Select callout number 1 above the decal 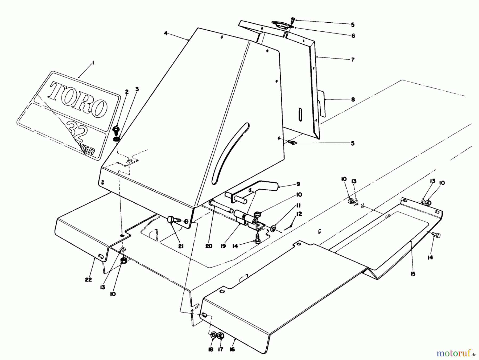[x=93, y=63]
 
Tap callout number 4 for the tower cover [x=166, y=34]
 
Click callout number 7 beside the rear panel [x=353, y=60]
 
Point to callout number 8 [x=353, y=100]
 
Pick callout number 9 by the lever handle [x=298, y=184]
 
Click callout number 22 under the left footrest [x=88, y=280]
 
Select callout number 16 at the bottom [x=232, y=350]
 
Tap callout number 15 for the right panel [x=412, y=274]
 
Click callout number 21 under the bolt [x=181, y=247]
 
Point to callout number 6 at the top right [x=353, y=36]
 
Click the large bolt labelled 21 [x=172, y=220]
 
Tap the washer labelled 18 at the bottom [x=213, y=335]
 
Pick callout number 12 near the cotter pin [x=299, y=214]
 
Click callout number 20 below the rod [x=209, y=246]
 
